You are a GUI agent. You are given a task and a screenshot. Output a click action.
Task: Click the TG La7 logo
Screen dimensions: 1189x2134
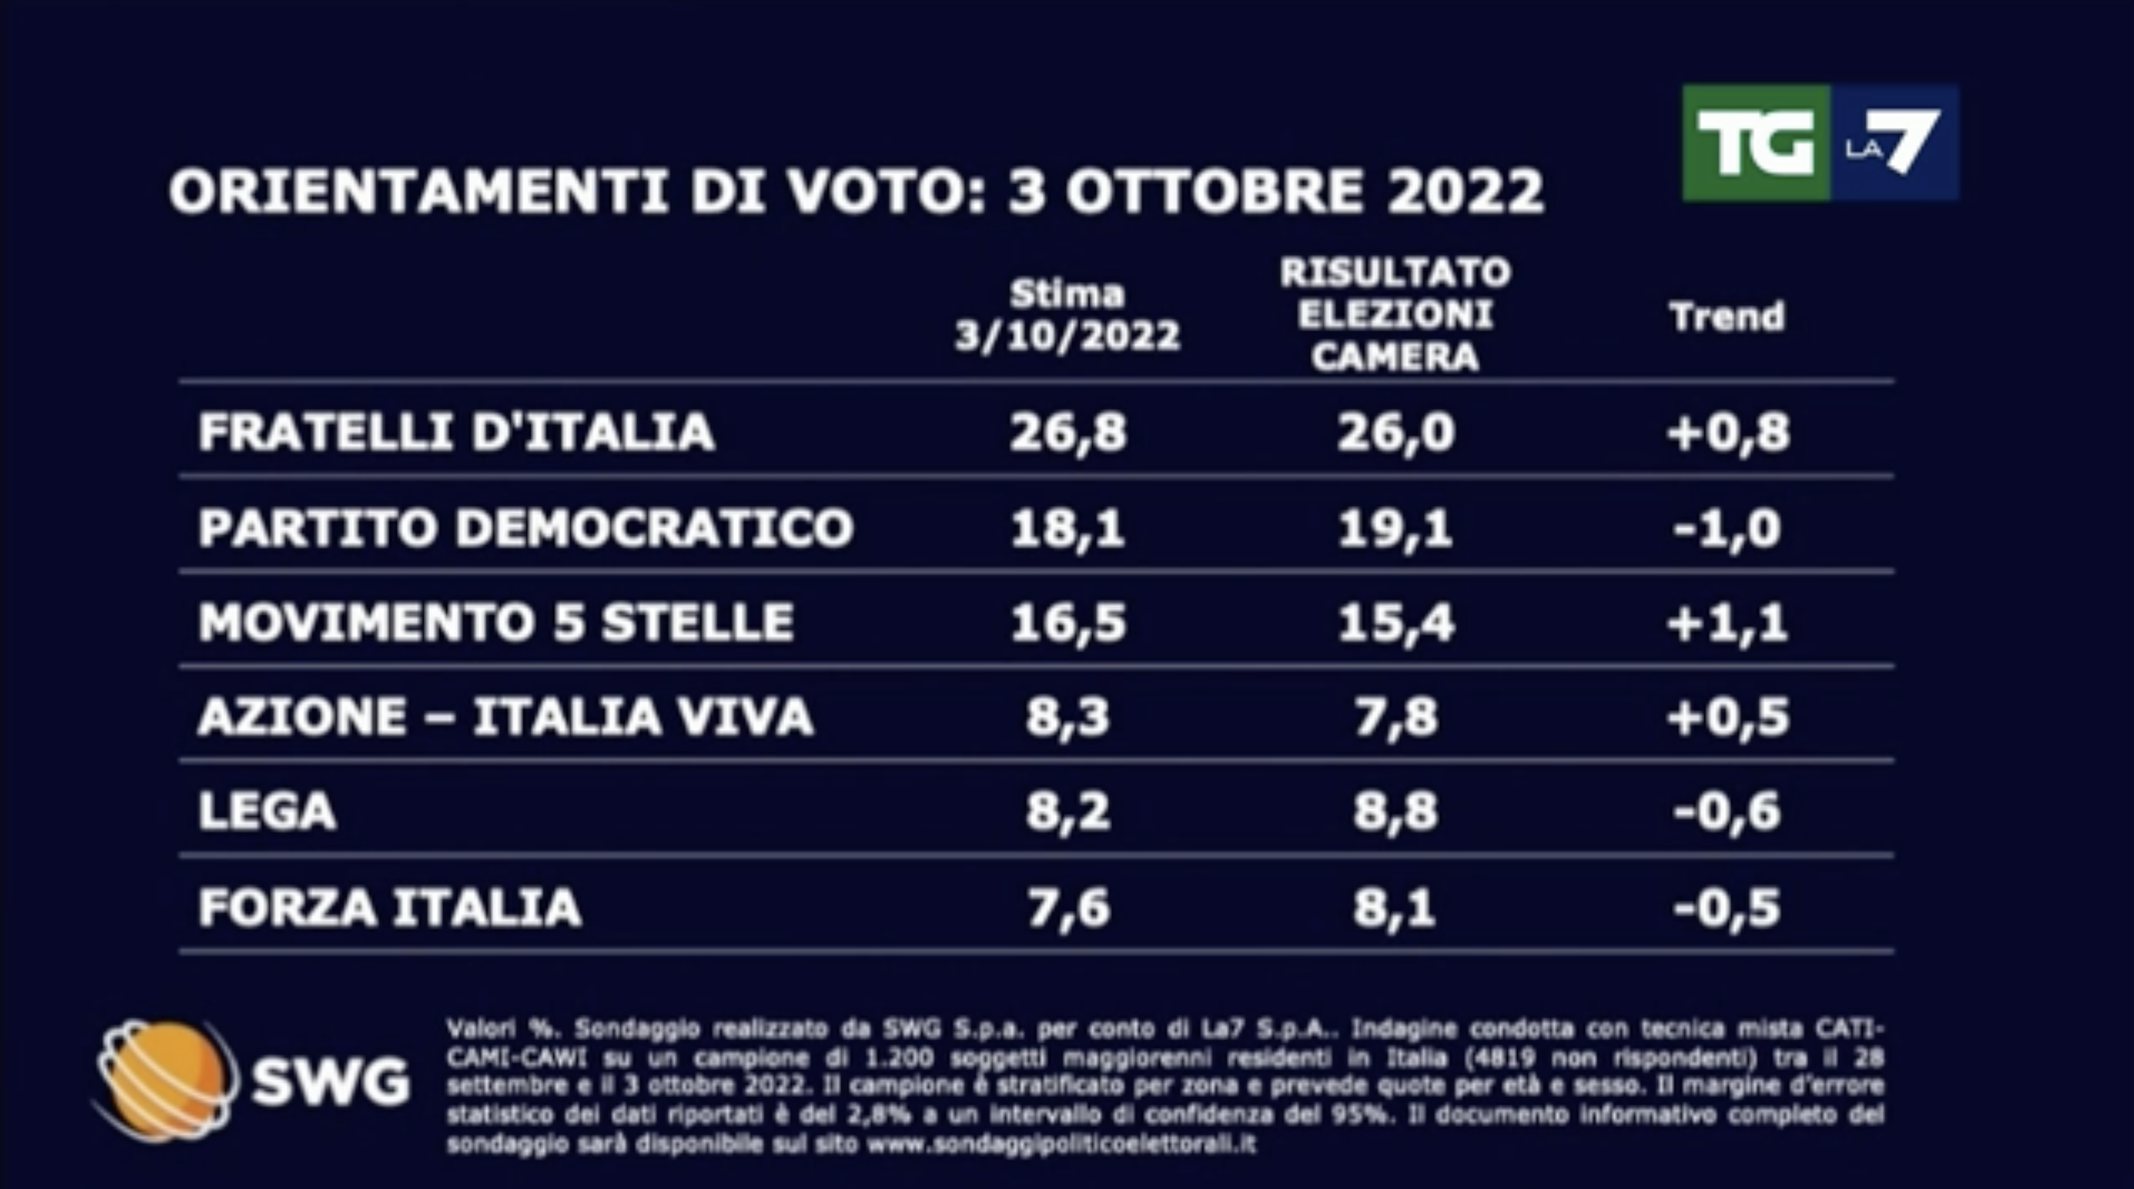point(1820,143)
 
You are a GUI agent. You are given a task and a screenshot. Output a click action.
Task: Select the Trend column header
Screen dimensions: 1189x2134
point(1727,317)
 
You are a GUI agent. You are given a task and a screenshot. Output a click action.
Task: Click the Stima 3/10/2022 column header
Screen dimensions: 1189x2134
point(1067,316)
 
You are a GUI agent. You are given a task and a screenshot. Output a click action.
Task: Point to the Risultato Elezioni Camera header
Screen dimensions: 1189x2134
point(1396,314)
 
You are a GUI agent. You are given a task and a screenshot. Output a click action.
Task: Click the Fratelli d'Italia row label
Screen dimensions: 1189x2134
point(457,432)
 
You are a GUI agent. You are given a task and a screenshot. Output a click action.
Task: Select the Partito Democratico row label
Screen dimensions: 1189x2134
point(526,528)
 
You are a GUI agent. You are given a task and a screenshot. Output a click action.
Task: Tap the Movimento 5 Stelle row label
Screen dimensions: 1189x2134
point(496,623)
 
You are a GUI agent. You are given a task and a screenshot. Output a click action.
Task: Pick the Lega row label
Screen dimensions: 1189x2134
point(267,811)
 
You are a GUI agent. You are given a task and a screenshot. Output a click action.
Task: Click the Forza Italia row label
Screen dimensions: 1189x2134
point(390,907)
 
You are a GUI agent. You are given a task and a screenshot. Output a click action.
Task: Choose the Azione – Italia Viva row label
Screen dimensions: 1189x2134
point(506,717)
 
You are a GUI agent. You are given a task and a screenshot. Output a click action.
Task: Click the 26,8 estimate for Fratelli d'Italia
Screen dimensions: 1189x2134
point(1068,432)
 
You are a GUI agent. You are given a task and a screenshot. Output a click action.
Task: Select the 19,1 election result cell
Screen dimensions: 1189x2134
point(1396,528)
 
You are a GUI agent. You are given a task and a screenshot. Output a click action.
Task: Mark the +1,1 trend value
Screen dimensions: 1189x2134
point(1727,623)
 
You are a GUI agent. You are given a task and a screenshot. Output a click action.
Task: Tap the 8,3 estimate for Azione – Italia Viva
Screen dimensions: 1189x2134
point(1068,717)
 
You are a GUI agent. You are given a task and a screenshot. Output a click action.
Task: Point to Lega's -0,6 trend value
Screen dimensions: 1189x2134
point(1727,811)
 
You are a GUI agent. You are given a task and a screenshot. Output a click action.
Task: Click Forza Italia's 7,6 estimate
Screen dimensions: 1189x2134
point(1068,907)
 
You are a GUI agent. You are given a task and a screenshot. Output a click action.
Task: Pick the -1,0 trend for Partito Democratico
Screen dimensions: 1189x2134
point(1727,528)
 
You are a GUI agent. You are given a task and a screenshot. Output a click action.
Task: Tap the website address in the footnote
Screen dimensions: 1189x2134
point(1060,1145)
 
